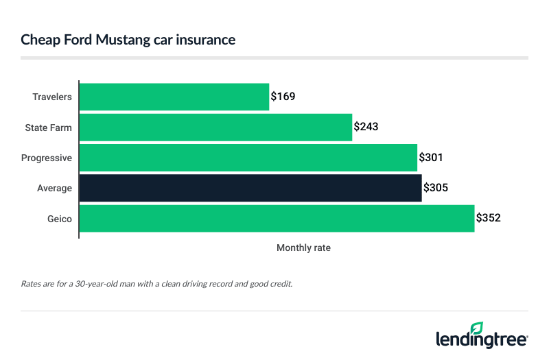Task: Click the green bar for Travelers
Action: coord(174,97)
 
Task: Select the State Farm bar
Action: coord(215,127)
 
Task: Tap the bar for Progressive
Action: coord(248,157)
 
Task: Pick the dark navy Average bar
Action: coord(250,187)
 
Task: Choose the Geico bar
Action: coord(277,218)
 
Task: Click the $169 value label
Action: coord(283,97)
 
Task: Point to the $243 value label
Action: coord(366,127)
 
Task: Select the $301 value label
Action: coord(431,157)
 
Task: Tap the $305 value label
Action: coord(436,187)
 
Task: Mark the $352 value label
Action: coord(489,218)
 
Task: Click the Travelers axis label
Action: coord(52,97)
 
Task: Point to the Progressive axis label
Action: coord(47,157)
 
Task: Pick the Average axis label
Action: coord(55,187)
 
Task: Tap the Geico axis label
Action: coord(60,218)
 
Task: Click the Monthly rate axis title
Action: coord(303,248)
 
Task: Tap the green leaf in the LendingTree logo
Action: coord(476,328)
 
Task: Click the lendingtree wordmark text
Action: coord(480,339)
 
